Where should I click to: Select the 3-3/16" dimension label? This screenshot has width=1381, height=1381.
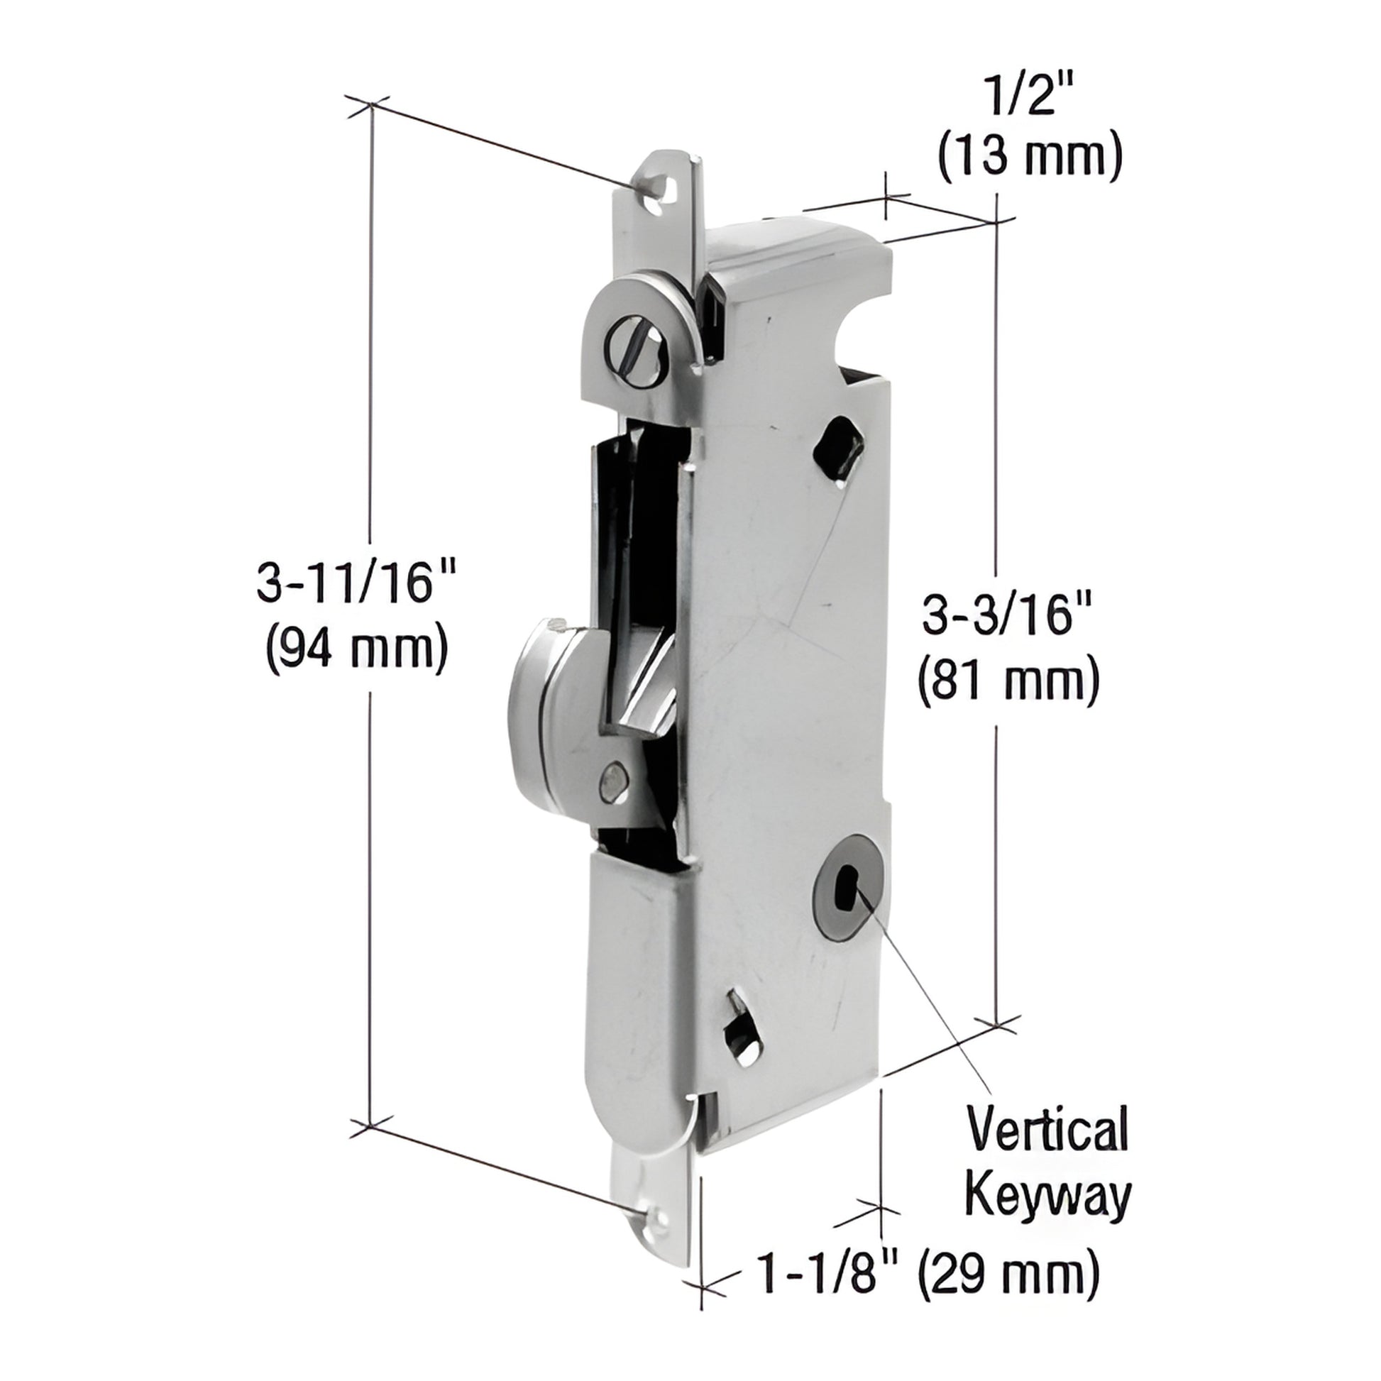(1008, 615)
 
